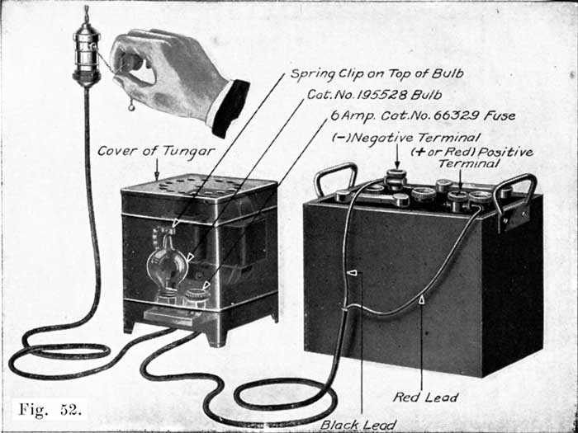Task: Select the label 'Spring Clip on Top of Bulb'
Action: [376, 74]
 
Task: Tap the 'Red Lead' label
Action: [426, 398]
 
